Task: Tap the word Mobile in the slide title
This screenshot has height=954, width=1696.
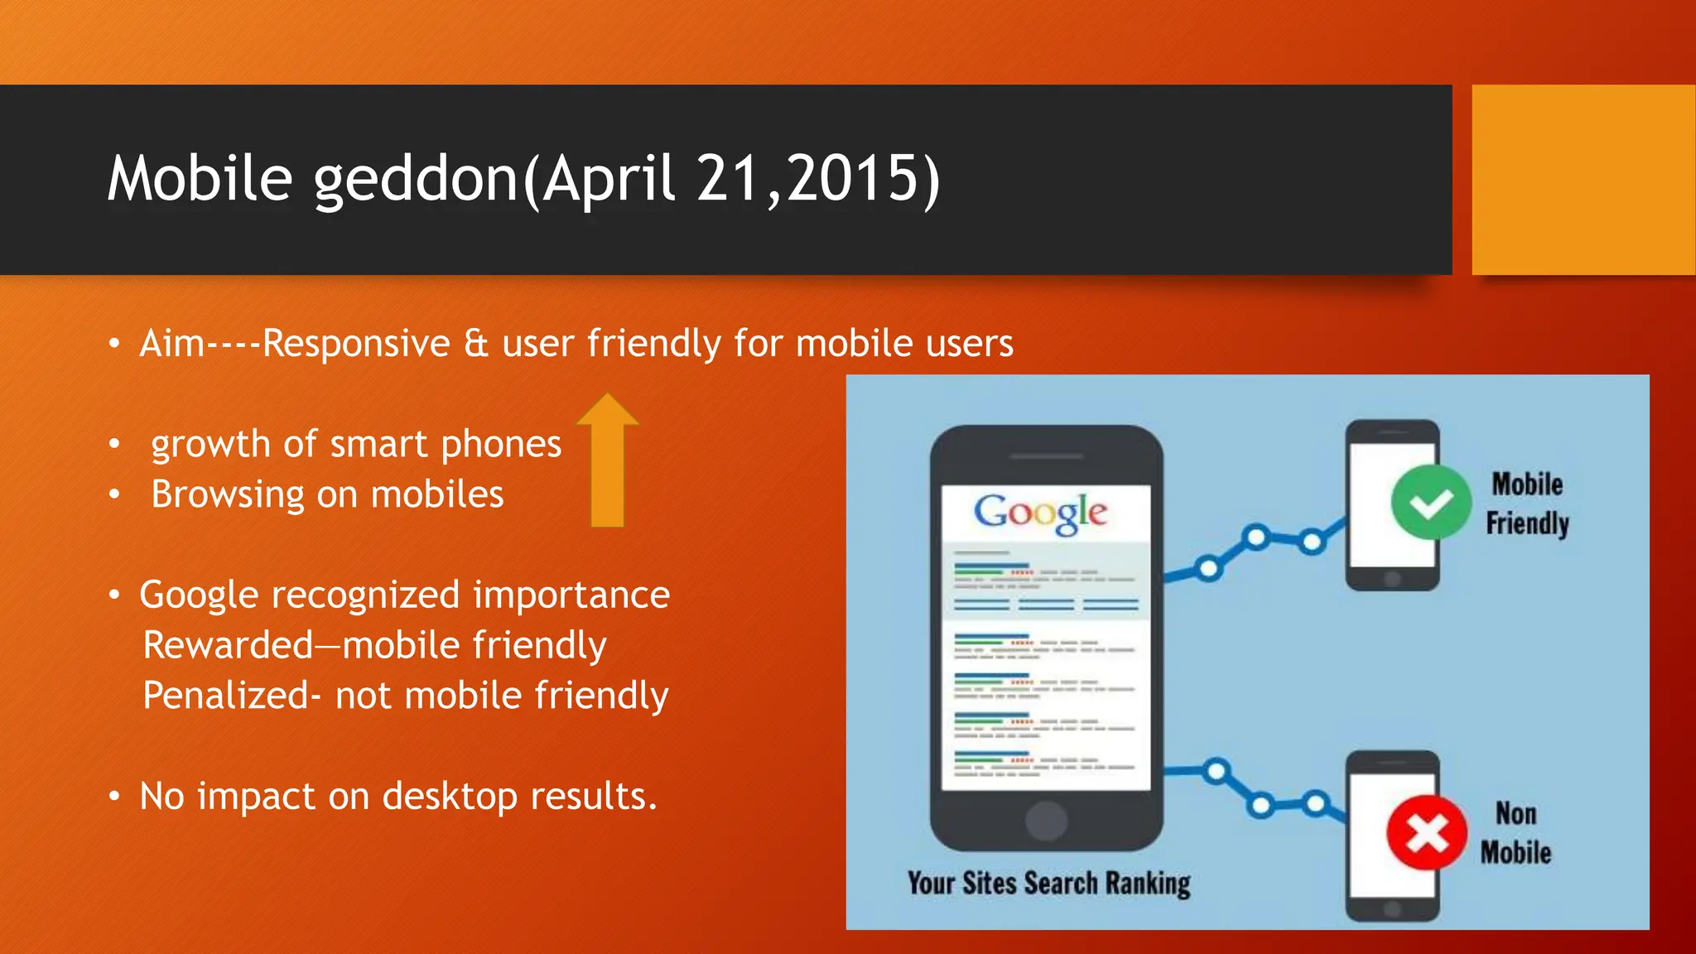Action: click(200, 178)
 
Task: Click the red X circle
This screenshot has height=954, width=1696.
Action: click(1426, 832)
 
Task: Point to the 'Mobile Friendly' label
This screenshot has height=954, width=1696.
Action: click(1526, 503)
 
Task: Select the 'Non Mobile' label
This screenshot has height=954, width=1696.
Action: click(1515, 833)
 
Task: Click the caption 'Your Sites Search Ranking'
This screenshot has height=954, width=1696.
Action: click(1048, 884)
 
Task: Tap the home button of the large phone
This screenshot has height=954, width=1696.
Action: click(1046, 821)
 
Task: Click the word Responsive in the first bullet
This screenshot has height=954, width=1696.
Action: click(356, 344)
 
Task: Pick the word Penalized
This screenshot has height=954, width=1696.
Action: click(226, 696)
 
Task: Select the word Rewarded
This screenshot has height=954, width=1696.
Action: click(229, 645)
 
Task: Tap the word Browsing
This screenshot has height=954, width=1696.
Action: click(228, 495)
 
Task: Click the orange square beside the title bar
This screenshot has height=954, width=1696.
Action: click(1583, 180)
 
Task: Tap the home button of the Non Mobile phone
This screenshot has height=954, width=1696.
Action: click(1392, 909)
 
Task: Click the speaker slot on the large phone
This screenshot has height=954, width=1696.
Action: click(1047, 456)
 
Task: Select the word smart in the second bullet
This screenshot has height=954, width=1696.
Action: click(378, 445)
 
